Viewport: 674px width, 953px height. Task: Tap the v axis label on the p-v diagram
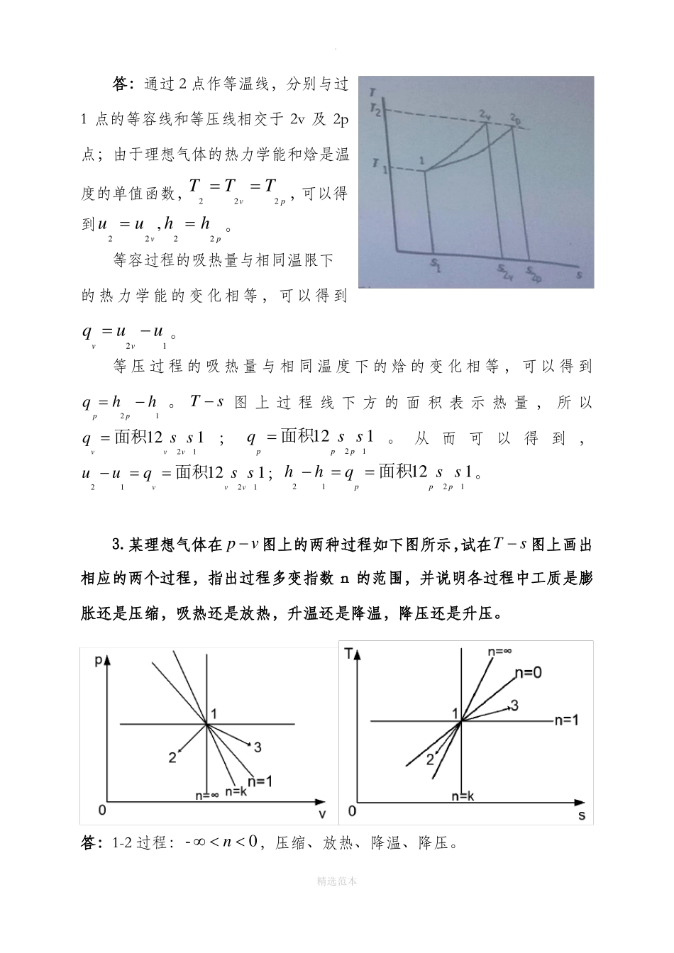point(321,813)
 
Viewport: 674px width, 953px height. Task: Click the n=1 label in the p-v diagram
point(260,781)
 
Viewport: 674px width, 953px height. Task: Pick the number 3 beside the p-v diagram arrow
point(258,747)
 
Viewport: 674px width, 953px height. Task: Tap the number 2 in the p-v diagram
point(172,757)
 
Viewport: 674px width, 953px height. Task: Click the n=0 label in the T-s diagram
point(528,672)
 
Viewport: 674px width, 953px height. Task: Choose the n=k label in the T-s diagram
point(462,796)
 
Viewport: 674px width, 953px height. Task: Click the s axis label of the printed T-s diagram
point(582,815)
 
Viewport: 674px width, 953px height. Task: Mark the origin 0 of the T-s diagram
point(352,810)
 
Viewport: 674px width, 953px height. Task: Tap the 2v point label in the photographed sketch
point(485,114)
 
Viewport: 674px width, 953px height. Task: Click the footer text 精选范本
point(337,881)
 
